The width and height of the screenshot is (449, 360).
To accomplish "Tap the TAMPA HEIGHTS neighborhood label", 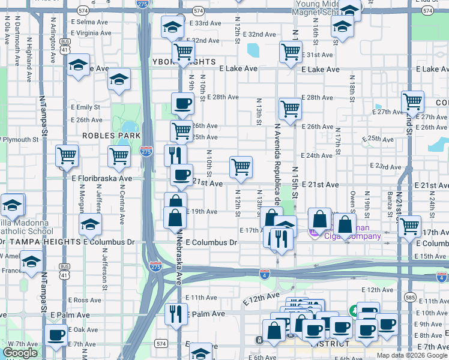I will [x=44, y=242].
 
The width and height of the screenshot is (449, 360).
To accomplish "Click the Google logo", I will [x=20, y=353].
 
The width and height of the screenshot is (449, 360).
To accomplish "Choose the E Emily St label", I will [x=88, y=107].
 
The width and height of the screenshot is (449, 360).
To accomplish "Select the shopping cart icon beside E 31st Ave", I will [x=291, y=52].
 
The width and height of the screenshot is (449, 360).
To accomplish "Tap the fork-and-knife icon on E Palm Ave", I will [x=176, y=313].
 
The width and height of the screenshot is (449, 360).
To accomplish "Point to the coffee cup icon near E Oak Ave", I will [x=56, y=334].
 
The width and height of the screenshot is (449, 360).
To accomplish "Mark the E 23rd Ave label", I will [x=386, y=166].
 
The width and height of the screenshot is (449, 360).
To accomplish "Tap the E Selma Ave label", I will [x=90, y=22].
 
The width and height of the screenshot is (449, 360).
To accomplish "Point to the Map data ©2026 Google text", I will [x=411, y=355].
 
